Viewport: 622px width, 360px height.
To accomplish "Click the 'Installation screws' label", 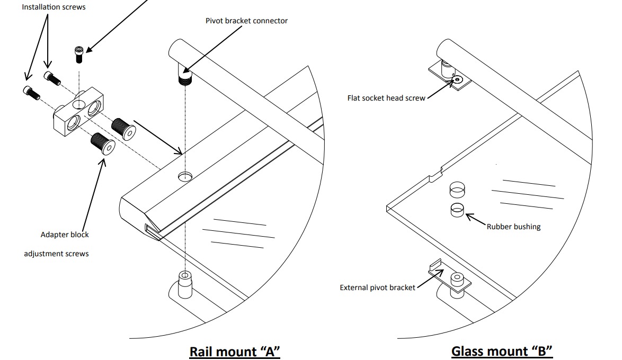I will [54, 7].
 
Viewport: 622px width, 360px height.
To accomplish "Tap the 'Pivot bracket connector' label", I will [246, 21].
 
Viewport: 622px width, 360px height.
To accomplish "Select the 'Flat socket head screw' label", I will [386, 98].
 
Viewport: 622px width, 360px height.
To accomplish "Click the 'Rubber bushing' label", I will [513, 227].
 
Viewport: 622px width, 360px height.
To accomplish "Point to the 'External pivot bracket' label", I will [377, 287].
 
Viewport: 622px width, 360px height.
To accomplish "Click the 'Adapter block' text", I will [65, 235].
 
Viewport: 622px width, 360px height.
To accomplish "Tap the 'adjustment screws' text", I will [56, 254].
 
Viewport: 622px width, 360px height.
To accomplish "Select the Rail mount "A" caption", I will [234, 351].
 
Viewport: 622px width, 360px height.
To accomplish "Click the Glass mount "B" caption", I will [502, 351].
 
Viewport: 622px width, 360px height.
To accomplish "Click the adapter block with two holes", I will [78, 114].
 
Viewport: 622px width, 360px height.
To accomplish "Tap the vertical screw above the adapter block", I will [79, 54].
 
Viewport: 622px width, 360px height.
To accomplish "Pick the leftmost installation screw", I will [31, 93].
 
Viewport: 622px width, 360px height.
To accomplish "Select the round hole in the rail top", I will [185, 176].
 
